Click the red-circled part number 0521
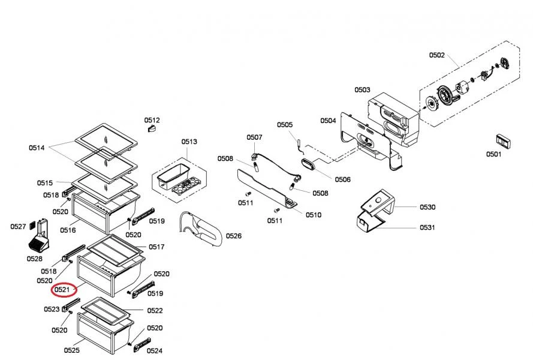(x=62, y=290)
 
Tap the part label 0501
(x=493, y=154)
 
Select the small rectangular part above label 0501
(x=503, y=141)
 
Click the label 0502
(x=437, y=55)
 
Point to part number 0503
(x=362, y=90)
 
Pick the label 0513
(x=189, y=142)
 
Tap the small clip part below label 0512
(x=152, y=128)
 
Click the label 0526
(x=234, y=236)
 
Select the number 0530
(x=427, y=207)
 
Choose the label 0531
(x=427, y=227)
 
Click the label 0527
(x=18, y=227)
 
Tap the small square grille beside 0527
(x=32, y=225)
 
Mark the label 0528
(x=35, y=259)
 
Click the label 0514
(x=37, y=148)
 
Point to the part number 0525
(x=72, y=350)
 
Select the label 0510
(x=314, y=215)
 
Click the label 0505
(x=285, y=125)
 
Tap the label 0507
(x=255, y=137)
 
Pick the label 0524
(x=155, y=350)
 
